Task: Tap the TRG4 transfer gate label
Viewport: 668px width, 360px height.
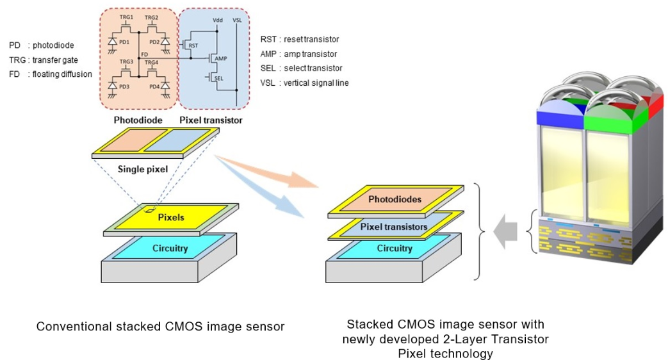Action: click(151, 61)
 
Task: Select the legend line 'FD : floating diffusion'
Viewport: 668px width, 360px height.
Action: click(50, 74)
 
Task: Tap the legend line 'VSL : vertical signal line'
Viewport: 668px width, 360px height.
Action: click(304, 83)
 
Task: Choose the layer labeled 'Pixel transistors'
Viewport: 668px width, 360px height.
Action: click(393, 226)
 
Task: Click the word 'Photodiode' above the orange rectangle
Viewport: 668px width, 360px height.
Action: click(138, 120)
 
